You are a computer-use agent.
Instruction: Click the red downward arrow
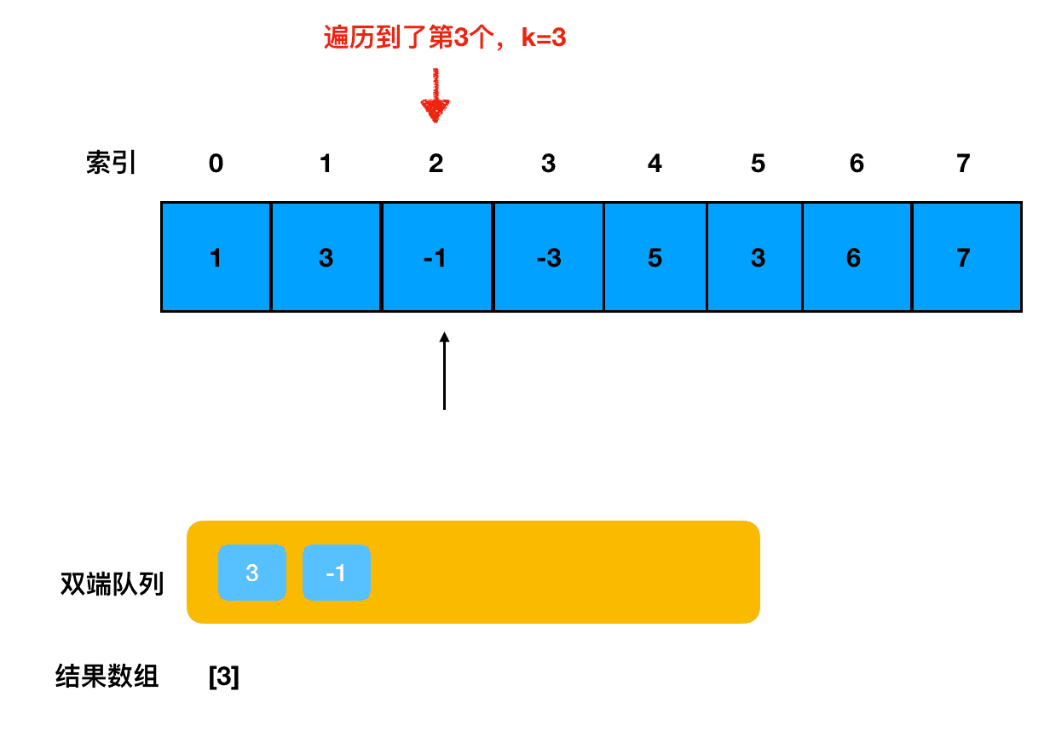[435, 99]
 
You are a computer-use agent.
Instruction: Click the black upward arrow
[444, 371]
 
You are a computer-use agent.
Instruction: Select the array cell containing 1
[216, 257]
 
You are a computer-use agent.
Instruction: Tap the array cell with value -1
[436, 257]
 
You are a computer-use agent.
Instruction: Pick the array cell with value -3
[548, 257]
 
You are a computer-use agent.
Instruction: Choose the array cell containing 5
[655, 257]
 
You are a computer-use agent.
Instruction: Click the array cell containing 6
[856, 257]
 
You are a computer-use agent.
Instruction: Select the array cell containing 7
[965, 257]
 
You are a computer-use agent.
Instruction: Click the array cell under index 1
[326, 257]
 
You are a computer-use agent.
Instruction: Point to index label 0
[216, 164]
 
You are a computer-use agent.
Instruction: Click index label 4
[655, 164]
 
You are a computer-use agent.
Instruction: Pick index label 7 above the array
[963, 164]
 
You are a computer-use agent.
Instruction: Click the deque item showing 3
[251, 573]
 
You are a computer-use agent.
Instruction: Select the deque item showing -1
[337, 573]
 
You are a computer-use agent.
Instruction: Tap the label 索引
[111, 164]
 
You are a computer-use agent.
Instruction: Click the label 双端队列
[112, 585]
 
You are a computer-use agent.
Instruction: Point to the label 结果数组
[107, 677]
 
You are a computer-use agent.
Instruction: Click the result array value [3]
[223, 677]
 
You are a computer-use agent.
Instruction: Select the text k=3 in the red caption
[544, 38]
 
